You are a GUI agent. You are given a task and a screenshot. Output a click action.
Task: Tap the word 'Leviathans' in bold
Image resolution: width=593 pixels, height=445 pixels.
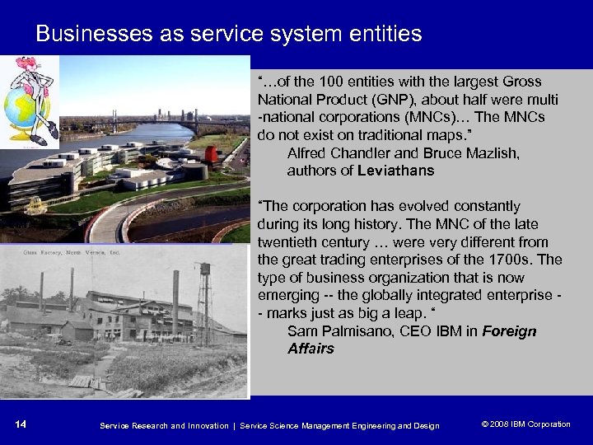click(x=396, y=171)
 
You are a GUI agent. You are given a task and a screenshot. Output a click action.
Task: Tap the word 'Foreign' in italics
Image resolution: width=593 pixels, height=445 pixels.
click(x=509, y=331)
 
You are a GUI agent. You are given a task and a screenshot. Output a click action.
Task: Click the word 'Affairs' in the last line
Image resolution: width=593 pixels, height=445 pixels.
click(x=311, y=349)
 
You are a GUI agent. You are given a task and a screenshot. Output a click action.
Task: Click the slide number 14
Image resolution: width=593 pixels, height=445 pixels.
click(x=21, y=424)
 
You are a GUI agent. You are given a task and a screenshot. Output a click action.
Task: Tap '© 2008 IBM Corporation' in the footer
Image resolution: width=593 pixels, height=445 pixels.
click(x=525, y=424)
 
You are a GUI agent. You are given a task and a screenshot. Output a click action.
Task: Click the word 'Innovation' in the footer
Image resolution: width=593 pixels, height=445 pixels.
click(x=200, y=425)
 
